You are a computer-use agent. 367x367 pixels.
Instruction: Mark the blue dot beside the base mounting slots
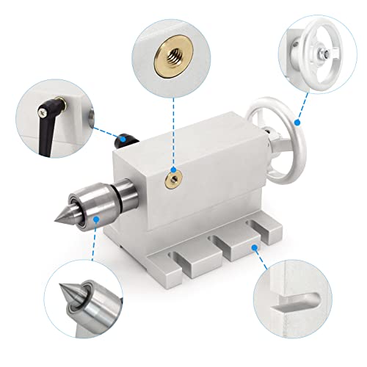(x=254, y=248)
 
